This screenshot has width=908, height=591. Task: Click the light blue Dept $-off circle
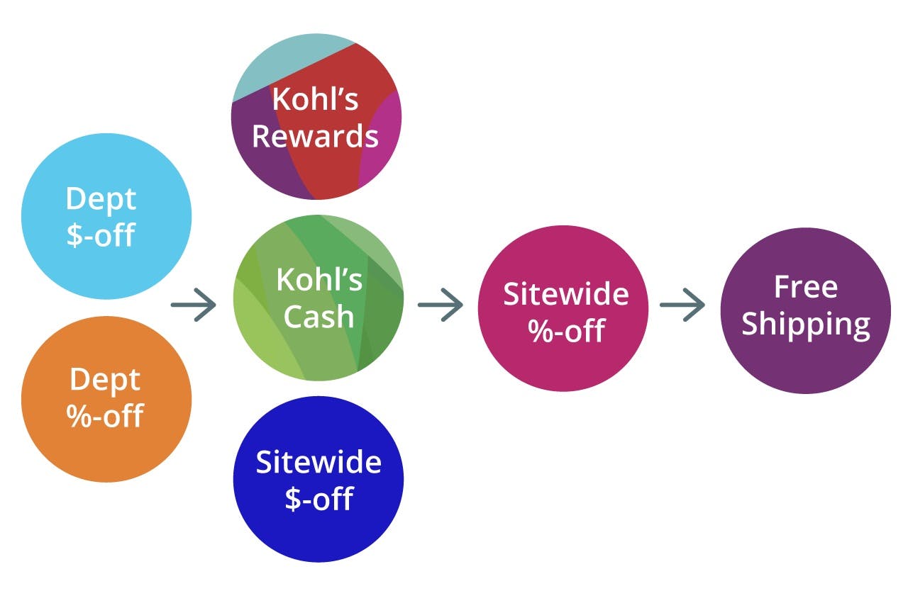[x=106, y=216]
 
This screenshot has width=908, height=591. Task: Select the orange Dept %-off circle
[x=106, y=398]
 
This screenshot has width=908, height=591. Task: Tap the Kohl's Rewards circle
[x=316, y=118]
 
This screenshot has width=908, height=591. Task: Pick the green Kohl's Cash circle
[x=319, y=298]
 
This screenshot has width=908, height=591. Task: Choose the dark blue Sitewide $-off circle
[x=319, y=479]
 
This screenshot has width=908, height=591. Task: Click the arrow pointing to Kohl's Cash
[x=194, y=305]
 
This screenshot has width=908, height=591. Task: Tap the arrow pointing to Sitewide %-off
[x=441, y=305]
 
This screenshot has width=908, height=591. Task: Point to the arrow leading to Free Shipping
[x=682, y=305]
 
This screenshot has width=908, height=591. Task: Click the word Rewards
[x=316, y=136]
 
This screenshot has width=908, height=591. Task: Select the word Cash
[x=319, y=316]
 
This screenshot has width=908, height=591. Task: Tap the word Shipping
[x=806, y=325]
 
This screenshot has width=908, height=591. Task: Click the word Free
[x=806, y=287]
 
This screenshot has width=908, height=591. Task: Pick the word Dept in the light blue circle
[x=100, y=198]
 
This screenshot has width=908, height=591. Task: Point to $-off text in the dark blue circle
[x=319, y=498]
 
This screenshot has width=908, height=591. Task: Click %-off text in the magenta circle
[x=565, y=330]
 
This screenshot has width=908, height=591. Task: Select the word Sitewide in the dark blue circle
[x=319, y=461]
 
